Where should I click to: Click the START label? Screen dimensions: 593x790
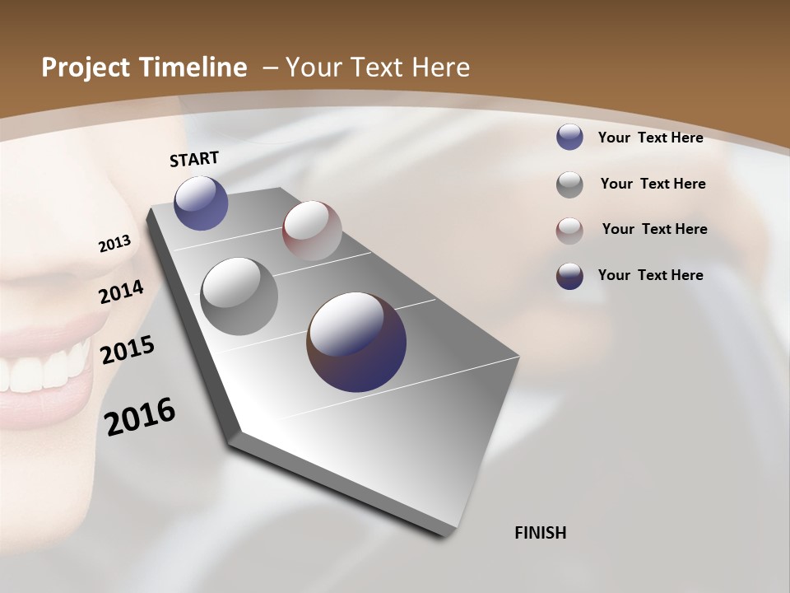point(194,158)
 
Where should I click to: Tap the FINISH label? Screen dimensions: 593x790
point(540,533)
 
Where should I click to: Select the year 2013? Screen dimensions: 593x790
point(114,244)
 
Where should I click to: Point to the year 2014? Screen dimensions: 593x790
point(122,292)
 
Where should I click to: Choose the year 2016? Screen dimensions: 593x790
point(140,417)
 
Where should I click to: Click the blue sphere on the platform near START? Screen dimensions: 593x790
point(201,203)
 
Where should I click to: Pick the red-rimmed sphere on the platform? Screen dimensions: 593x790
point(312,230)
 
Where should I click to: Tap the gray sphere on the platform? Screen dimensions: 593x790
point(239,296)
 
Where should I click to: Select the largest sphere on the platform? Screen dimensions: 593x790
point(356,342)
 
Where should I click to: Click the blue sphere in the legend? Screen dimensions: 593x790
point(569,137)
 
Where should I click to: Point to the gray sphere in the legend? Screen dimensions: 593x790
point(569,184)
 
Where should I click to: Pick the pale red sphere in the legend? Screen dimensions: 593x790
point(569,230)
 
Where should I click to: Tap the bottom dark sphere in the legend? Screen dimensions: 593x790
point(569,276)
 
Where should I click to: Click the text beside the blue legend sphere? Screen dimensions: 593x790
point(650,138)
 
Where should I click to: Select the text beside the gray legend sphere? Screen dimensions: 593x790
point(653,184)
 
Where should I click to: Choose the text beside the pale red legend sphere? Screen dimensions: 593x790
point(654,229)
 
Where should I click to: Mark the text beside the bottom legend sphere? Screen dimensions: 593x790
point(650,275)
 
